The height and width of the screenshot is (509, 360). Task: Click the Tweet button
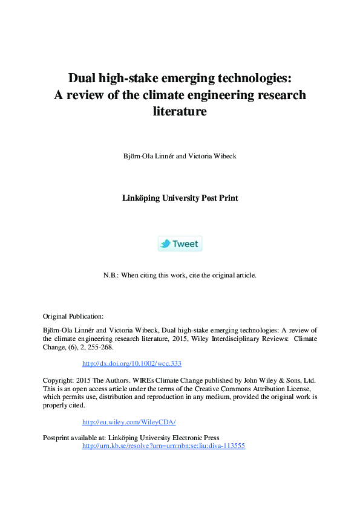(180, 244)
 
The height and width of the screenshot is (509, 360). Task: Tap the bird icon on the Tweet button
(165, 244)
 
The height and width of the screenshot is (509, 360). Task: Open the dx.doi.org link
(131, 363)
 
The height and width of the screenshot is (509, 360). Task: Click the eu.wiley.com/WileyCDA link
(128, 422)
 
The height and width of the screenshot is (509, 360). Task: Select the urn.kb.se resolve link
(163, 446)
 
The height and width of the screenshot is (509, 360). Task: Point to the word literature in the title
(180, 111)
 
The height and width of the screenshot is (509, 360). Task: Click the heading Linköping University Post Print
(180, 198)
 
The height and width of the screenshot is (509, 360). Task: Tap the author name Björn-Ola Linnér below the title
(148, 155)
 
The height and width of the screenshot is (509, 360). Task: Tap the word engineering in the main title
(205, 95)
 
